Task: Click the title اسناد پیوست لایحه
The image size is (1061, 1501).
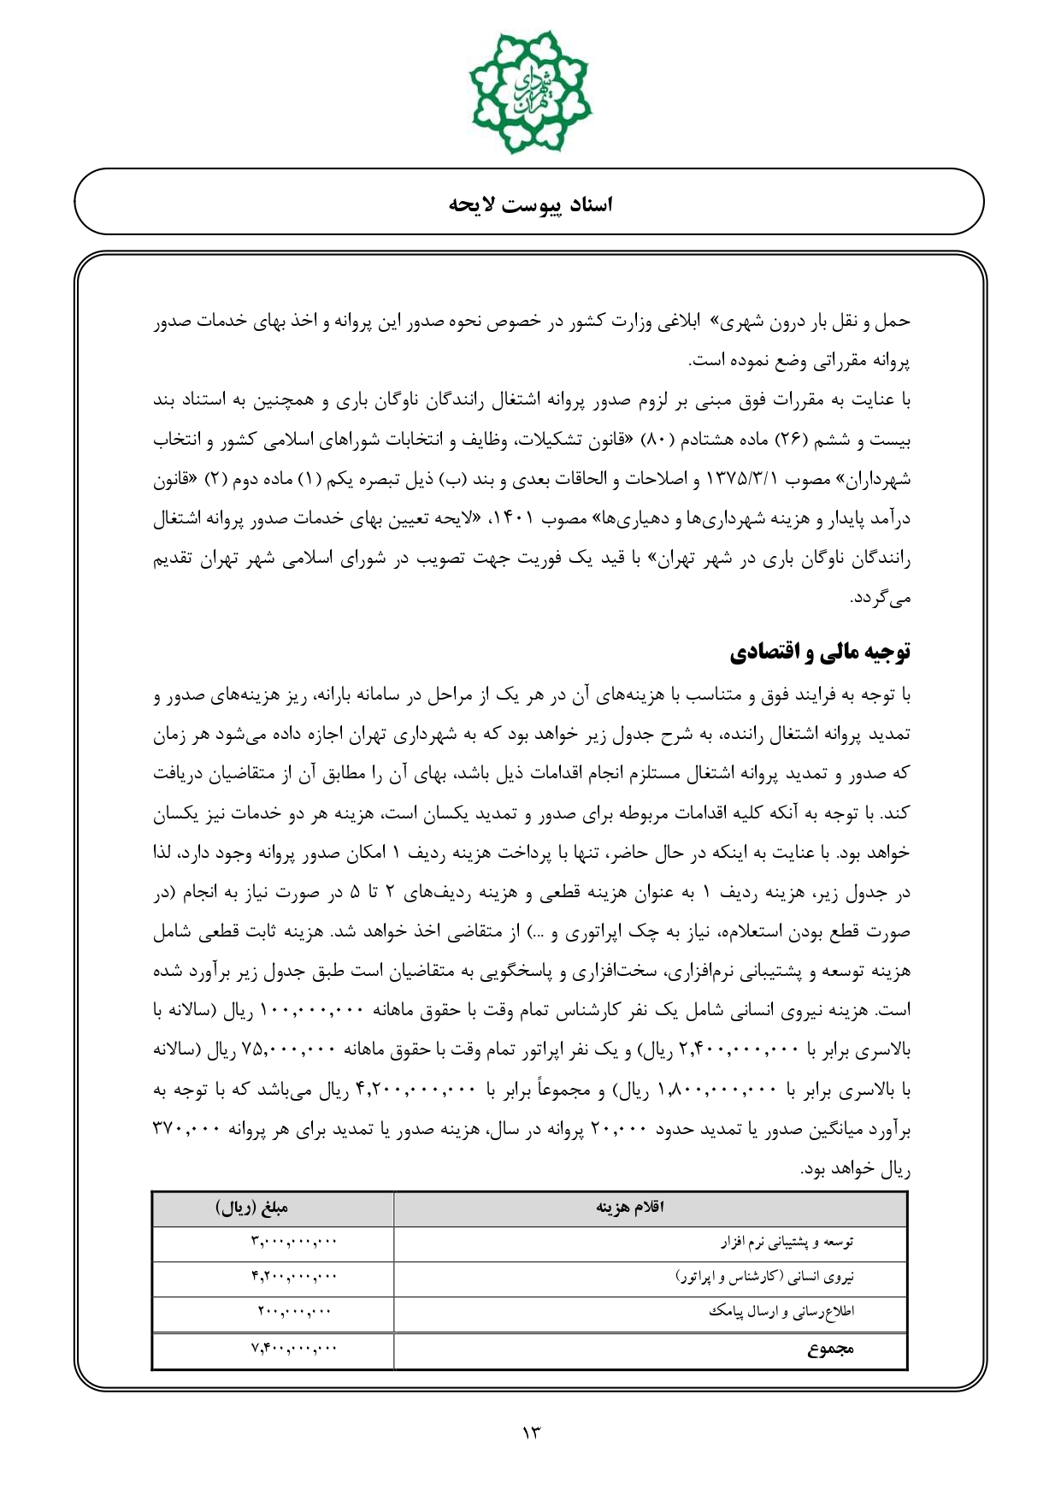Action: [530, 204]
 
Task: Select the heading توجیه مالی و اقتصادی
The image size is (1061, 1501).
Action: [820, 653]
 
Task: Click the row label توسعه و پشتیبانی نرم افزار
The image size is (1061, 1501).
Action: [787, 1242]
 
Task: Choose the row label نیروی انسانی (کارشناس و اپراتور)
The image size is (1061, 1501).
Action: [765, 1277]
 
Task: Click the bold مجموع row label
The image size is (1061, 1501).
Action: [830, 1350]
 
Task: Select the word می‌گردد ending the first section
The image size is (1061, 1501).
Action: [881, 599]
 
